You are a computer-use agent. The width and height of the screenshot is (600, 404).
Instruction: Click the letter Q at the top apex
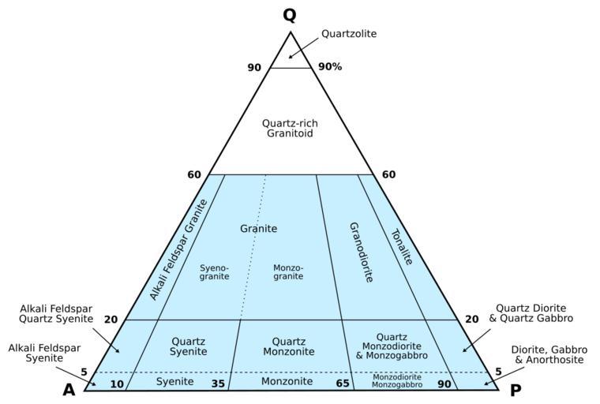(290, 16)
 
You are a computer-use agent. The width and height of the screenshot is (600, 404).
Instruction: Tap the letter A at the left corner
(69, 390)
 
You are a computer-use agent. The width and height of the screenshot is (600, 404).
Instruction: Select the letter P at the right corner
(516, 390)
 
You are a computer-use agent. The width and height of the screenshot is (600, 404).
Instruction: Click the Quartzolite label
(349, 34)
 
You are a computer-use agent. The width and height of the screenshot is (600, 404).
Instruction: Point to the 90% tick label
(330, 67)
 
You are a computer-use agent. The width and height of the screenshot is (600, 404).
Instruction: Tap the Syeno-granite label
(214, 272)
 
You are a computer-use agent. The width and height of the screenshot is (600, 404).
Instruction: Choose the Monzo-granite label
(288, 272)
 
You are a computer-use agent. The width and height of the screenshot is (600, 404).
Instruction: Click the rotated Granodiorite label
(360, 252)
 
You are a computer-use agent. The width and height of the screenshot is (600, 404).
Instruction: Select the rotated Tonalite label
(402, 246)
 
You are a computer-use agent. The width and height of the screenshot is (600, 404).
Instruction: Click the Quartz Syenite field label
(189, 346)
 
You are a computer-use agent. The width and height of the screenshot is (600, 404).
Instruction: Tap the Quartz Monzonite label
(288, 346)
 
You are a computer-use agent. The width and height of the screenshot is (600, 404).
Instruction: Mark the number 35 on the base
(218, 383)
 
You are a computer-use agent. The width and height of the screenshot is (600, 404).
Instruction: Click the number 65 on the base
(343, 383)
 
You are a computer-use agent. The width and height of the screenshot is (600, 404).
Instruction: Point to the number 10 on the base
(117, 383)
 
